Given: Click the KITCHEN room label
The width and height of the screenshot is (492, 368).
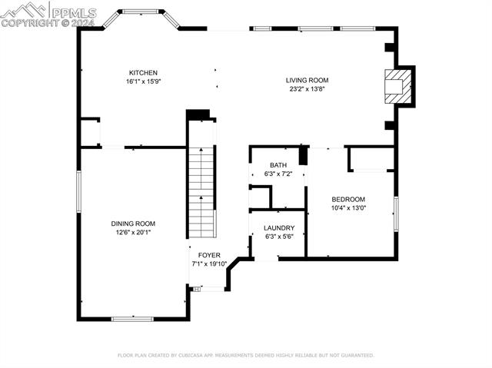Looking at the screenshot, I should coord(144,73).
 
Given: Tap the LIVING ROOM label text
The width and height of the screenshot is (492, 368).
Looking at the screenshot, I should coord(307,80).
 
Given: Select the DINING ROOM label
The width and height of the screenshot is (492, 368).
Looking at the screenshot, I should coord(134,224).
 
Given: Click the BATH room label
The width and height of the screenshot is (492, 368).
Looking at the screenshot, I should coord(278,165).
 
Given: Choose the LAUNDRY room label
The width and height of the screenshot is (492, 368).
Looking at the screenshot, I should coord(278,228).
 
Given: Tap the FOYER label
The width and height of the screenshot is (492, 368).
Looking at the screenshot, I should coord(209,255).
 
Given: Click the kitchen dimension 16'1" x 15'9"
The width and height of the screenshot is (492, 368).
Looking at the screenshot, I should coord(144,81).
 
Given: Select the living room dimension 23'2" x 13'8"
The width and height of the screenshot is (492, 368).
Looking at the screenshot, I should coord(307,88).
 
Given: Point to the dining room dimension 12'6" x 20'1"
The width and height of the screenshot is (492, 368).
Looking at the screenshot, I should coord(134,232).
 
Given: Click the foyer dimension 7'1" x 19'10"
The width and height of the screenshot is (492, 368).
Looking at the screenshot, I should coord(210,264).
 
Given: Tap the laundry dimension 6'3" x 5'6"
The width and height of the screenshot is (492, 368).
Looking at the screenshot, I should coord(278,237).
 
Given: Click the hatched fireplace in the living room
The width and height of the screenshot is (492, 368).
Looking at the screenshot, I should coord(397,87).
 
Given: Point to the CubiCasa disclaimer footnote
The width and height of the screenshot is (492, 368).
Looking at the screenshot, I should coord(245,356).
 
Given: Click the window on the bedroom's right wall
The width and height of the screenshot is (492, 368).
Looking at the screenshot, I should coord(396,213).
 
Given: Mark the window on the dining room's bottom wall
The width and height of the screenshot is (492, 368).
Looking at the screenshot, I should coord(132,318).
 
